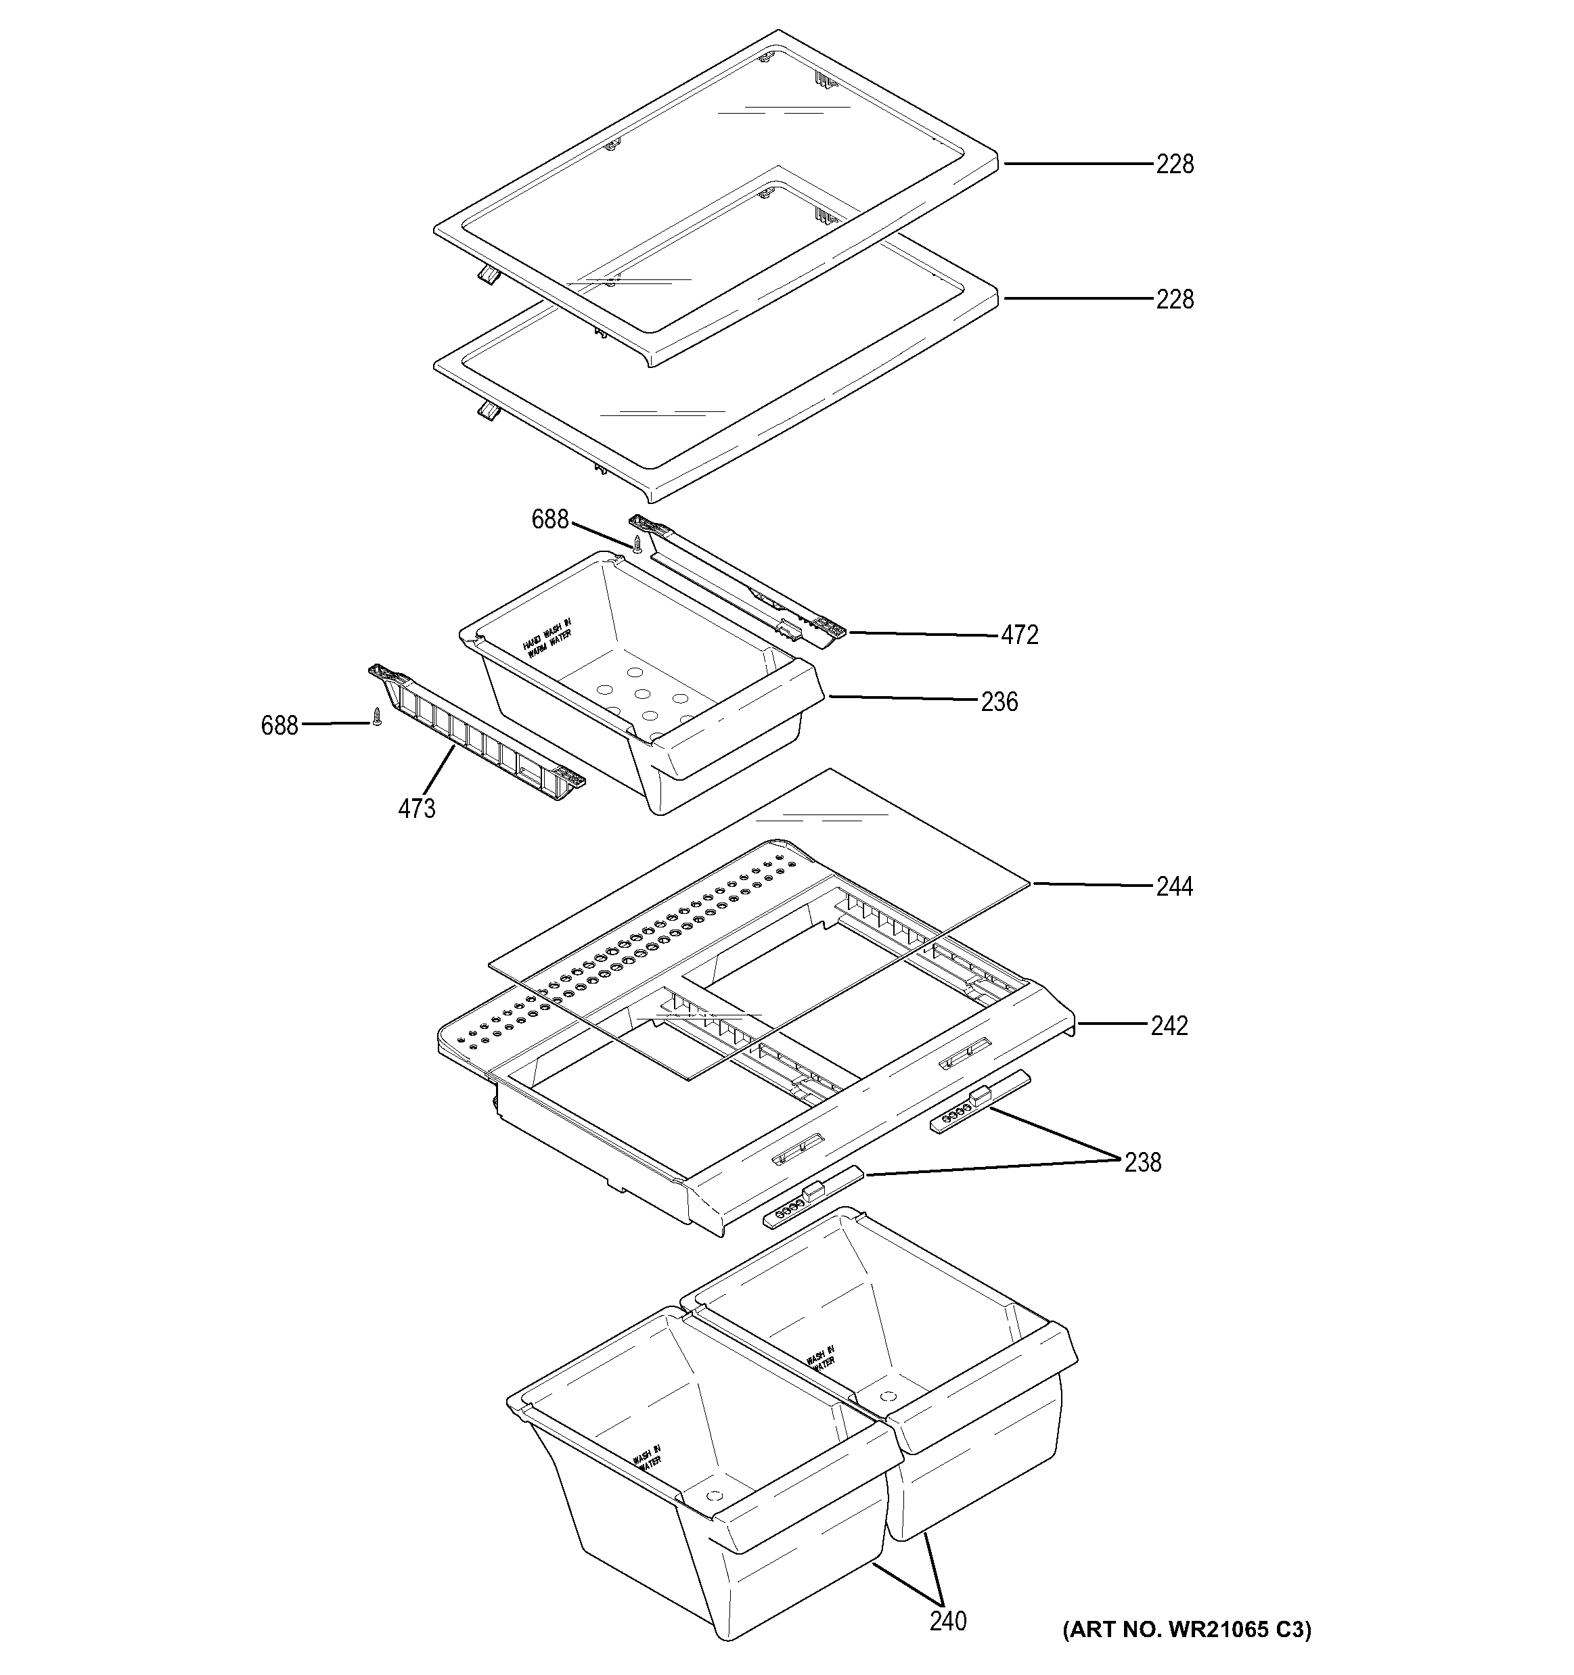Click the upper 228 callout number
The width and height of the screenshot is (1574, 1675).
point(1175,164)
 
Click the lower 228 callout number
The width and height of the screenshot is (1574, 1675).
point(1175,300)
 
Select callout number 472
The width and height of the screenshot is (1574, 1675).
point(1020,635)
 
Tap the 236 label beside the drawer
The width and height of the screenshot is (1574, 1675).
point(999,702)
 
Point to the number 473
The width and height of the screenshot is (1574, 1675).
point(417,809)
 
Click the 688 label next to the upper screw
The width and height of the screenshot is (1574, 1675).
point(550,520)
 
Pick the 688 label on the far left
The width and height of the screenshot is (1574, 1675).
point(279,725)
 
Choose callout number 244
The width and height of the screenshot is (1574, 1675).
point(1175,886)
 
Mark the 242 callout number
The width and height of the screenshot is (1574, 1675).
point(1169,1026)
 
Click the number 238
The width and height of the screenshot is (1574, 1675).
point(1142,1163)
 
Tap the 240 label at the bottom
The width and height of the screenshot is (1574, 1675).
point(948,1621)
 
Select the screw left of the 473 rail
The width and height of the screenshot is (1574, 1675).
point(378,717)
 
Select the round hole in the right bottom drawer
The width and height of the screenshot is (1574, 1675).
point(886,1396)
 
